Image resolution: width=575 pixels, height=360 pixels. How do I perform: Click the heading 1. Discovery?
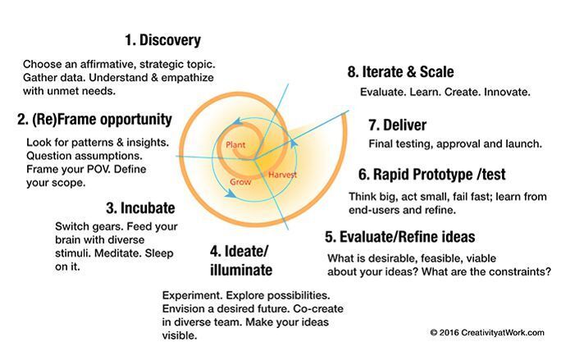point(162,40)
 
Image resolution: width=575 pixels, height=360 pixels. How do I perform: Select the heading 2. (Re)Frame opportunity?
point(94,120)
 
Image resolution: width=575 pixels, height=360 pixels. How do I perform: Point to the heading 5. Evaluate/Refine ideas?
point(399,237)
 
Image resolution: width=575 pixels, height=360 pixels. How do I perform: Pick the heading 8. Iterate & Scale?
point(400,72)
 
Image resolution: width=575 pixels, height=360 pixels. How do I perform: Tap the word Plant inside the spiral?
point(235,145)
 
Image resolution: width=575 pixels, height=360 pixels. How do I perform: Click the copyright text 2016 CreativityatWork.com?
point(486,332)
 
